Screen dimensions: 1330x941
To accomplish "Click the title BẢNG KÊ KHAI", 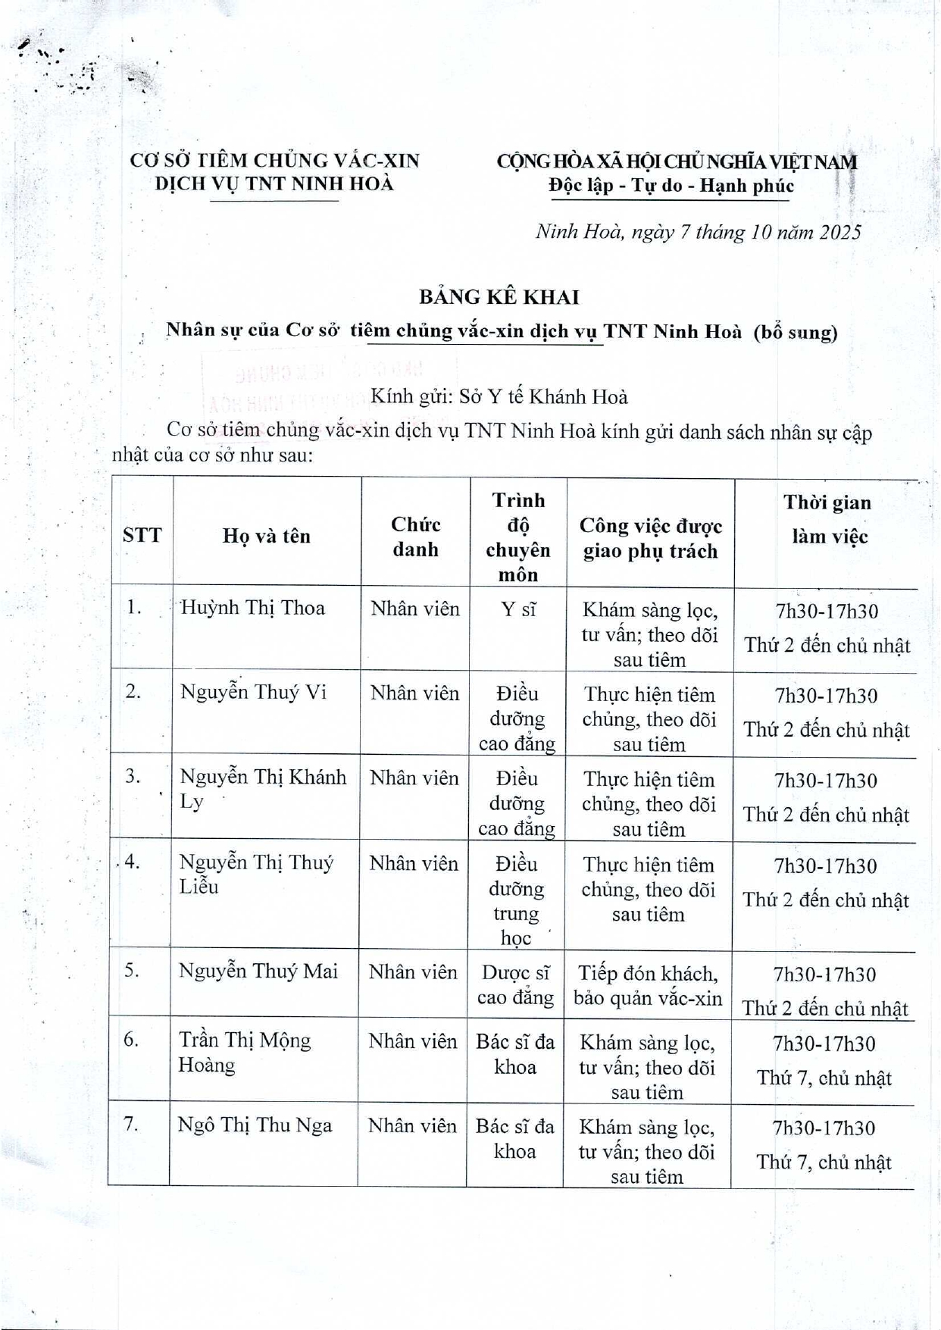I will click(499, 296).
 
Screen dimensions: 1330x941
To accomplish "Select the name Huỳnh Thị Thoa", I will click(252, 608).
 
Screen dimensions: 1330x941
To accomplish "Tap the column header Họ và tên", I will click(266, 536).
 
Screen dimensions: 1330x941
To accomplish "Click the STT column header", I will click(142, 535).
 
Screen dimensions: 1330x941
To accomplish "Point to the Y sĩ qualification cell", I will click(518, 609).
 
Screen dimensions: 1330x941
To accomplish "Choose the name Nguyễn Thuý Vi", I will click(253, 692).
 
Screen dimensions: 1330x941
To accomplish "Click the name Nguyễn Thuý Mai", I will click(258, 972).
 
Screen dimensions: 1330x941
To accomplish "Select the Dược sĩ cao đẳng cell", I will click(515, 984).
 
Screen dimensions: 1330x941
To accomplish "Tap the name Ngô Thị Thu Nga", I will click(255, 1125).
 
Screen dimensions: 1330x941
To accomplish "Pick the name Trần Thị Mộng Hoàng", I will click(244, 1053).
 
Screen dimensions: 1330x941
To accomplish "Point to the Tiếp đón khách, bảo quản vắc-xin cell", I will click(648, 985).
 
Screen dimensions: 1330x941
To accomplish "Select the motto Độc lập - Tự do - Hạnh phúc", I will click(671, 186).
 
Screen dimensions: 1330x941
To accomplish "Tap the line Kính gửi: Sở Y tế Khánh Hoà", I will click(499, 396).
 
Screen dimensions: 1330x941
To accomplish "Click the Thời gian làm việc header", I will click(827, 519).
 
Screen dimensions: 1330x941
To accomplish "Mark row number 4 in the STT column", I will click(132, 862).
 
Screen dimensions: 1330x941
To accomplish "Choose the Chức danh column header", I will click(415, 537).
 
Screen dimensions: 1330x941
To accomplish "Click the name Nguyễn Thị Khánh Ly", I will click(262, 789).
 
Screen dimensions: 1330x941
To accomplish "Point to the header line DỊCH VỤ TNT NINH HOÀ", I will click(274, 184).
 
